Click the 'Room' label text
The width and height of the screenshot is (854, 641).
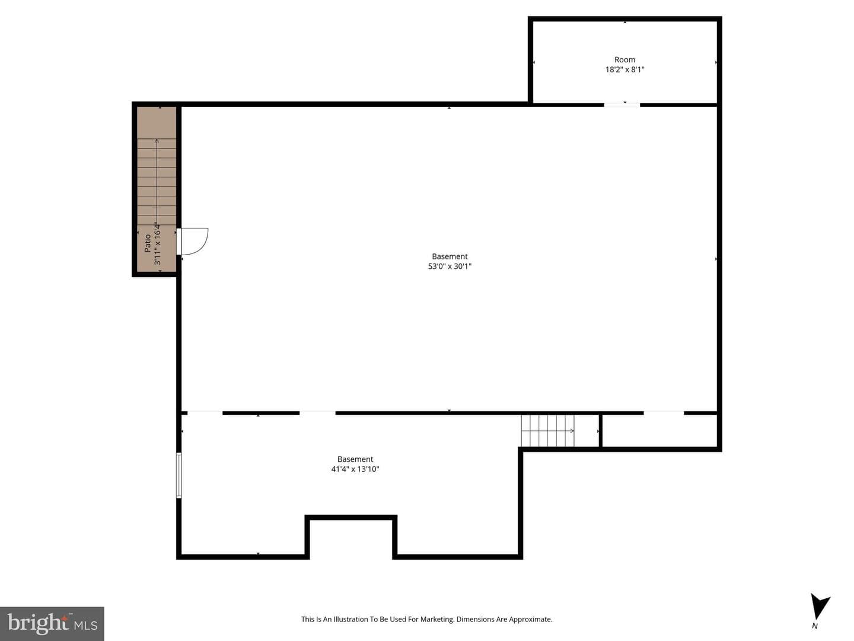(x=624, y=59)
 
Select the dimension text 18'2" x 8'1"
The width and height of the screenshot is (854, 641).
(x=624, y=69)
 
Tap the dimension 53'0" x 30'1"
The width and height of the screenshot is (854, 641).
(x=450, y=266)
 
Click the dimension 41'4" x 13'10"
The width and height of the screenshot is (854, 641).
(x=355, y=469)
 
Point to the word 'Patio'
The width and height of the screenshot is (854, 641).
(x=148, y=243)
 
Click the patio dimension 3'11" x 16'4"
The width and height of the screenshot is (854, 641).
(x=157, y=243)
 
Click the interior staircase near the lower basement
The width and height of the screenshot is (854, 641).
(x=547, y=431)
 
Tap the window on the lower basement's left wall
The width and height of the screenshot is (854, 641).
(x=179, y=475)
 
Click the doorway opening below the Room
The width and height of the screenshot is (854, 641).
(x=622, y=104)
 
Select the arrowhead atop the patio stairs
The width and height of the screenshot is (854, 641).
(x=157, y=141)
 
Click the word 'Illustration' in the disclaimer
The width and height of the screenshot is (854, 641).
(x=352, y=620)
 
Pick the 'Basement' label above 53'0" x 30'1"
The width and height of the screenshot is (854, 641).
(x=450, y=256)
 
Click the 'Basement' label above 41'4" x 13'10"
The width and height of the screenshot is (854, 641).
(x=355, y=459)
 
